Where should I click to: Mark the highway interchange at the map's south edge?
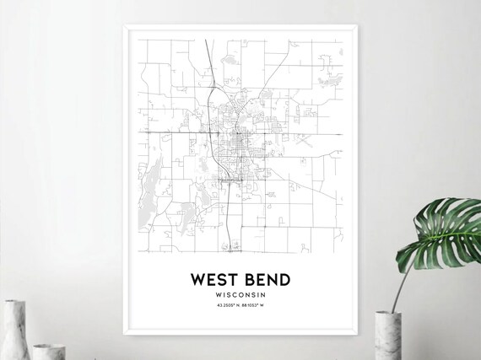(x=229, y=248)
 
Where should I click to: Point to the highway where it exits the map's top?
(x=207, y=40)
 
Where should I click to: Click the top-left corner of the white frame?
(x=124, y=26)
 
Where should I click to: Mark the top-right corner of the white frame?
(x=358, y=26)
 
